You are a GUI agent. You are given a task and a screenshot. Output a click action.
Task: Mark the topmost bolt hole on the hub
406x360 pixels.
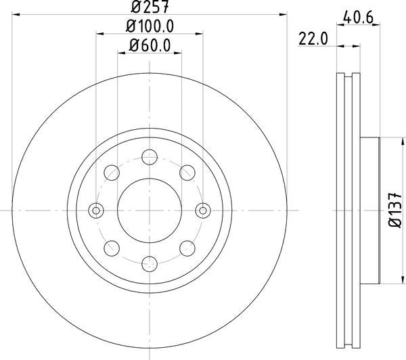click(150, 158)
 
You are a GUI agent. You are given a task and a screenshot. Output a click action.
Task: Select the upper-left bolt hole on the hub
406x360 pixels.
click(112, 173)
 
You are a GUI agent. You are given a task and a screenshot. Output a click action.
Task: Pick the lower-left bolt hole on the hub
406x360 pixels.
click(112, 247)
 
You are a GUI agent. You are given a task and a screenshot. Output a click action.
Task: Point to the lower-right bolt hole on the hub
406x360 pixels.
click(187, 247)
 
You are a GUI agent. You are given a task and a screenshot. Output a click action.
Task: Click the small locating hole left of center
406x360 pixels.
click(96, 210)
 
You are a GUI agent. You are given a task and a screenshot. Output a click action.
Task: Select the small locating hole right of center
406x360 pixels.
click(202, 210)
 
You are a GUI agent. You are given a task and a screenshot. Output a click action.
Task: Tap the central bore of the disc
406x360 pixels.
click(150, 210)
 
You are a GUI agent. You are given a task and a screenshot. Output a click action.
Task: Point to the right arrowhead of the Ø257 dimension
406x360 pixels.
click(285, 14)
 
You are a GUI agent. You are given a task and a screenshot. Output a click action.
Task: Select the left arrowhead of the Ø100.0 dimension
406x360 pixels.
click(99, 32)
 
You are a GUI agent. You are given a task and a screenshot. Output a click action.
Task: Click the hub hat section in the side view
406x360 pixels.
click(371, 210)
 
